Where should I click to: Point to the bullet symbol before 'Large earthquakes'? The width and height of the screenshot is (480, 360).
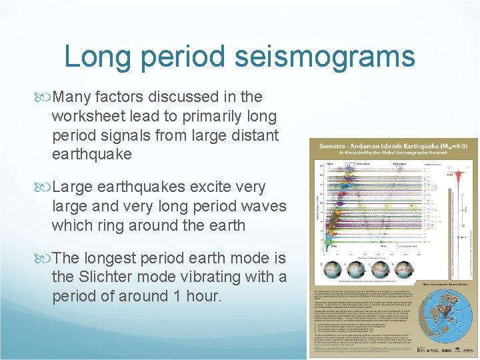45,187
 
